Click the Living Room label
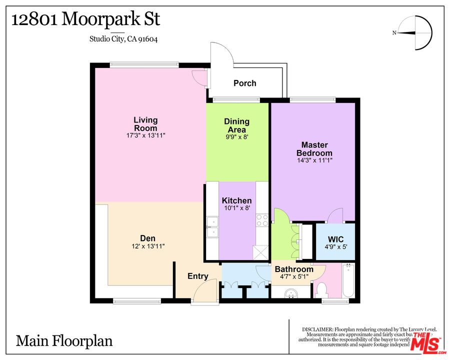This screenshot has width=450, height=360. click(145, 124)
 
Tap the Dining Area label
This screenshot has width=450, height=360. click(236, 125)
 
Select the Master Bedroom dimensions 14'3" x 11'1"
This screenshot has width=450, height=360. click(314, 160)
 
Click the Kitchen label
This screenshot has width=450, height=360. click(236, 200)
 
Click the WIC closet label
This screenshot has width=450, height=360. click(335, 238)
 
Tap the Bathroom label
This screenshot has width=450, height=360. click(294, 269)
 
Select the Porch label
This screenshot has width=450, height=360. click(245, 83)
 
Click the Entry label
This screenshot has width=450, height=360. click(197, 276)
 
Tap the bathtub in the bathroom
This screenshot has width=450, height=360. click(348, 281)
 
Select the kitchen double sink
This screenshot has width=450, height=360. click(212, 227)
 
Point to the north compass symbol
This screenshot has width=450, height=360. click(415, 33)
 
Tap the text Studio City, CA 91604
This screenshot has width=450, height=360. click(123, 38)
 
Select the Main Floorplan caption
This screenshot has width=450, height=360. click(64, 341)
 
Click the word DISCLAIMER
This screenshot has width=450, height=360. click(317, 329)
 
